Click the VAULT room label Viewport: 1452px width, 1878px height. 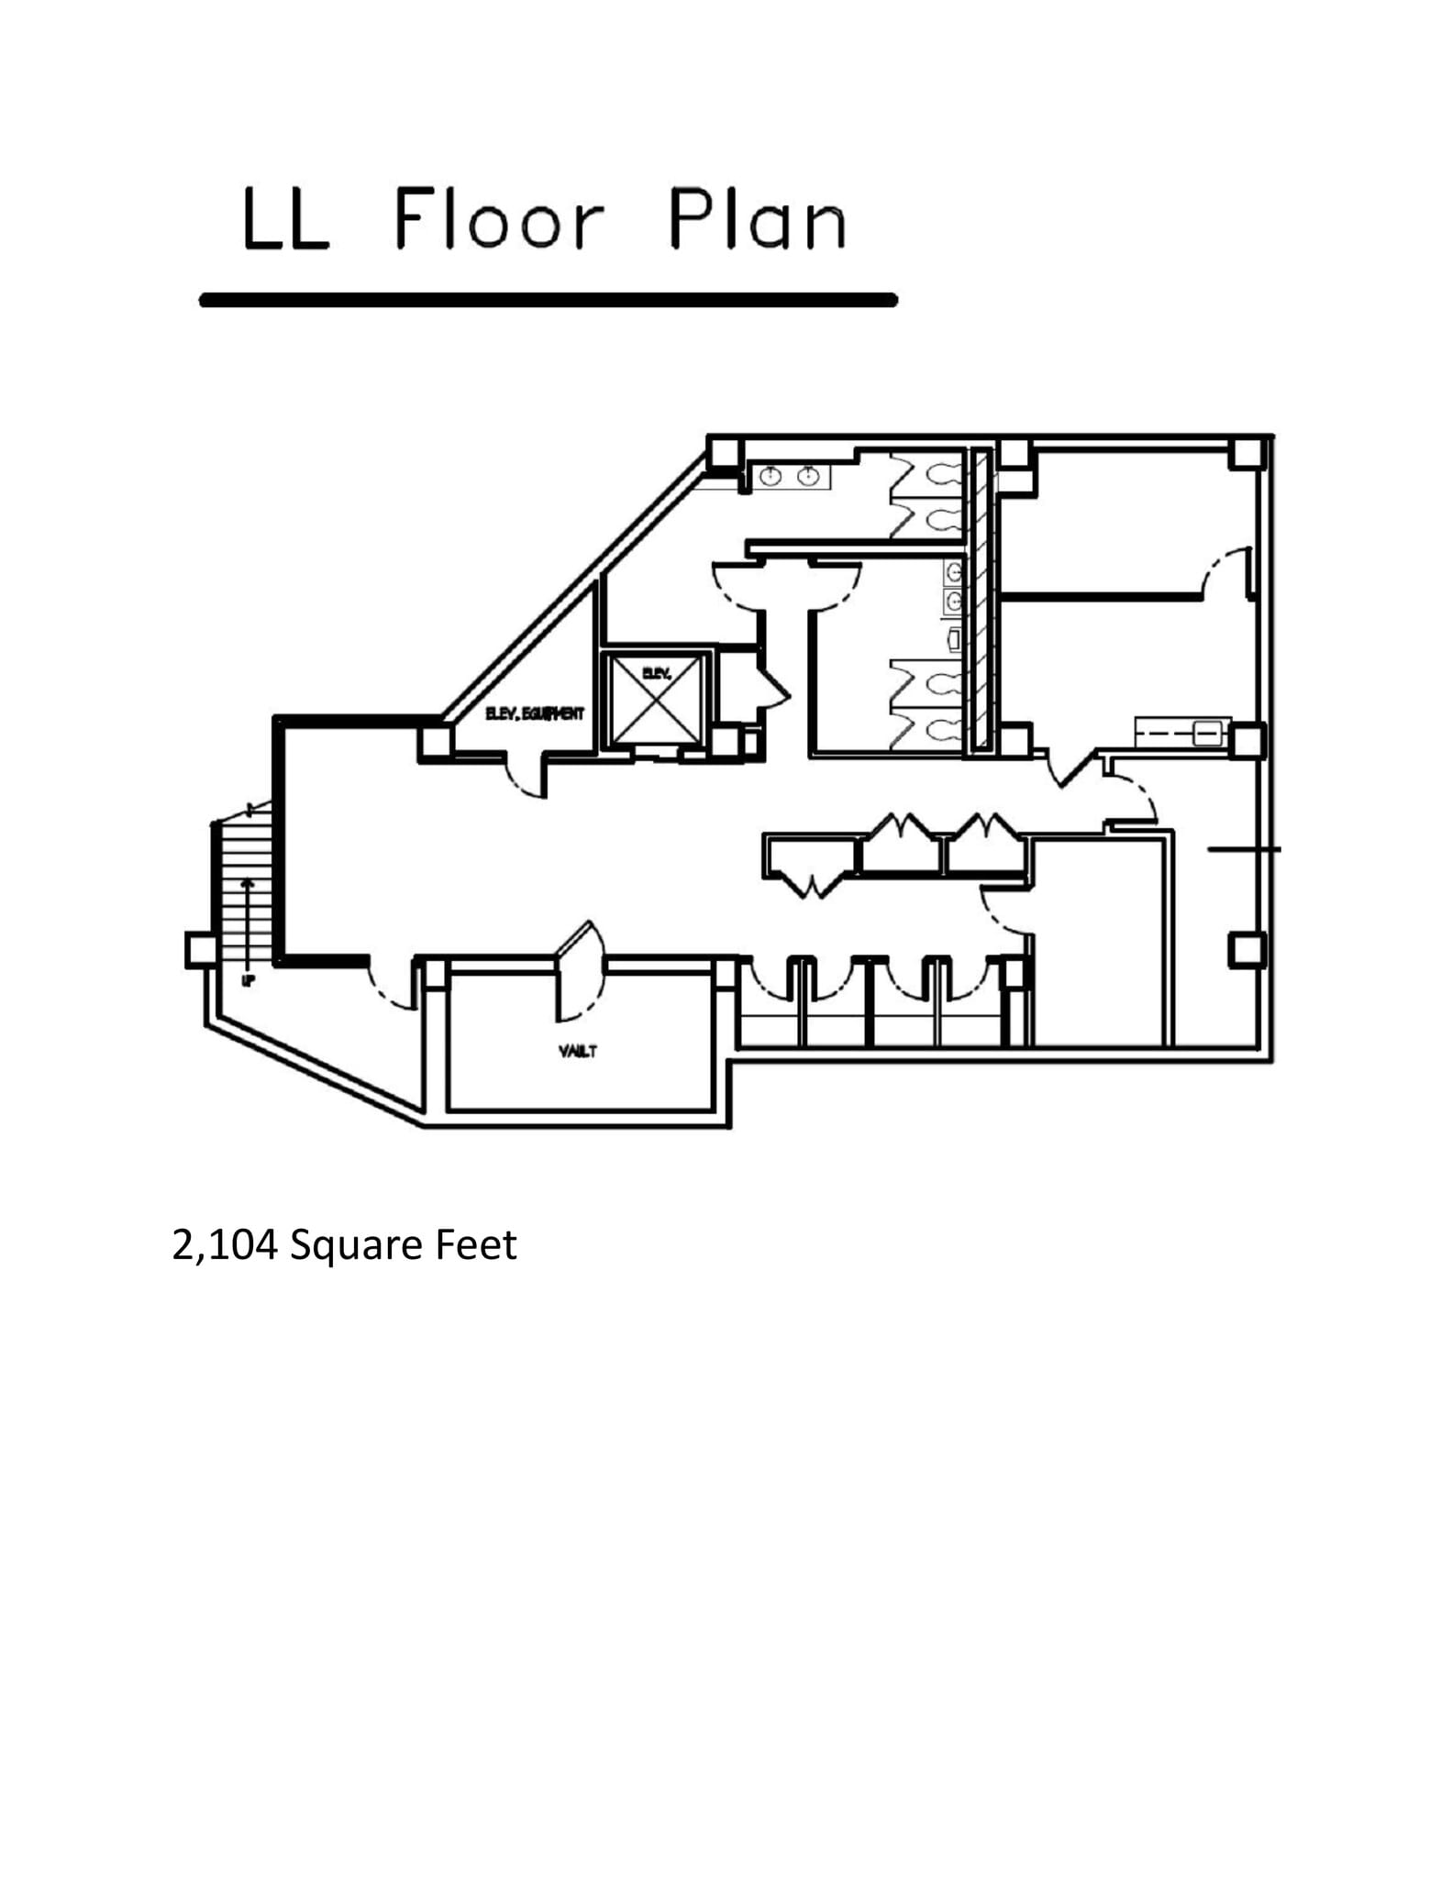tap(578, 1051)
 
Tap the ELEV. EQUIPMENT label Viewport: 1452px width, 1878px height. tap(534, 713)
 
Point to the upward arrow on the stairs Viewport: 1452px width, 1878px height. tap(248, 917)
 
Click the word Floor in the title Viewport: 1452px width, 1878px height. tap(499, 220)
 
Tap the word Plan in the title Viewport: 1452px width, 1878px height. tap(756, 220)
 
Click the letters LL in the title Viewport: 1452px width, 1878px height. tap(285, 221)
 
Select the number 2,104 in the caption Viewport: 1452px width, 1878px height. tap(224, 1245)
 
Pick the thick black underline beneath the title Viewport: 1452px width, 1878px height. tap(548, 300)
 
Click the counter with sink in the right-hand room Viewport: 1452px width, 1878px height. tap(1180, 732)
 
